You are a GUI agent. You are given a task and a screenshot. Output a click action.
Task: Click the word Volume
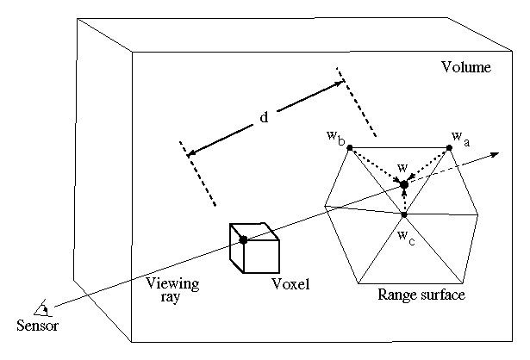[x=466, y=67]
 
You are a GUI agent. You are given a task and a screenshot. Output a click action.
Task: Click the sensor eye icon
[x=41, y=308]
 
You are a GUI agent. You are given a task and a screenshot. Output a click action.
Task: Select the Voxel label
[x=290, y=284]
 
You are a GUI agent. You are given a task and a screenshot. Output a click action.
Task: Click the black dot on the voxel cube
[x=244, y=239]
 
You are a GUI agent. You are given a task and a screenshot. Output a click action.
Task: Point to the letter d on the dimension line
[x=263, y=120]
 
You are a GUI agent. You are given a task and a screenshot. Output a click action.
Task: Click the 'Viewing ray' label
[x=172, y=289]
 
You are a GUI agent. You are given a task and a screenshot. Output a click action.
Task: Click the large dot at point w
[x=403, y=184]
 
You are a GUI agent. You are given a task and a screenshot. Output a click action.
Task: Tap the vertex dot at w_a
[x=448, y=149]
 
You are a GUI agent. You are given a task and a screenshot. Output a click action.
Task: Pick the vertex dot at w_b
[x=349, y=148]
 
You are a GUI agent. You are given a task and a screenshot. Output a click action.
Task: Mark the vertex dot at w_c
[x=403, y=214]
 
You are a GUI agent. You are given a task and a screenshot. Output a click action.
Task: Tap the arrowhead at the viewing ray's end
[x=497, y=154]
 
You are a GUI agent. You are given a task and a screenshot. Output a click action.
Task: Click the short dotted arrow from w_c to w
[x=403, y=201]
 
